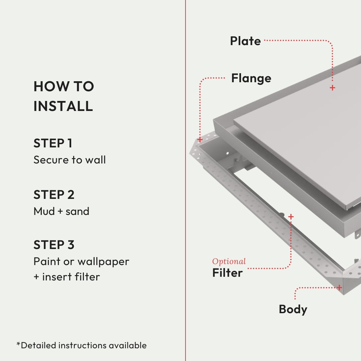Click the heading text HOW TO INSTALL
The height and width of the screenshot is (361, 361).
(x=64, y=96)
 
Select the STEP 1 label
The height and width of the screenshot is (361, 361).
(x=53, y=143)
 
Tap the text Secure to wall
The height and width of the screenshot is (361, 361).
(x=70, y=160)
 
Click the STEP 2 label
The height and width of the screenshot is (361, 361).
(x=54, y=195)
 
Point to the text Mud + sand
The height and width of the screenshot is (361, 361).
(x=62, y=211)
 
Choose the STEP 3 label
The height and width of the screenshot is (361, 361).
(x=54, y=245)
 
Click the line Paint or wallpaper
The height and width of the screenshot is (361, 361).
(x=81, y=261)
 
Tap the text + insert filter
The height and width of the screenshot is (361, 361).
(x=67, y=277)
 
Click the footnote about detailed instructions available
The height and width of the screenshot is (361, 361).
(x=82, y=345)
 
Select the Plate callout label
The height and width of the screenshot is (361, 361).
(x=245, y=41)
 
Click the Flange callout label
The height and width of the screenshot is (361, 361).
(x=251, y=78)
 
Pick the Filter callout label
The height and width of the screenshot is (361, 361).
(x=227, y=273)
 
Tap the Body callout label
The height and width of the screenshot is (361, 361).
(x=293, y=309)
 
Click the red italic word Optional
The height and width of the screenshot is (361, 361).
(x=229, y=261)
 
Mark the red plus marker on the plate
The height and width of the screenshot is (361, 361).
(x=332, y=88)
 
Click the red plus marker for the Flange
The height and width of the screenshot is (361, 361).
(x=200, y=139)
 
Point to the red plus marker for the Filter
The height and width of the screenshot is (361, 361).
(x=291, y=217)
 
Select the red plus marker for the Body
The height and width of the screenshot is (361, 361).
(x=339, y=287)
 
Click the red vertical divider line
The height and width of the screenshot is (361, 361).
(x=185, y=180)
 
